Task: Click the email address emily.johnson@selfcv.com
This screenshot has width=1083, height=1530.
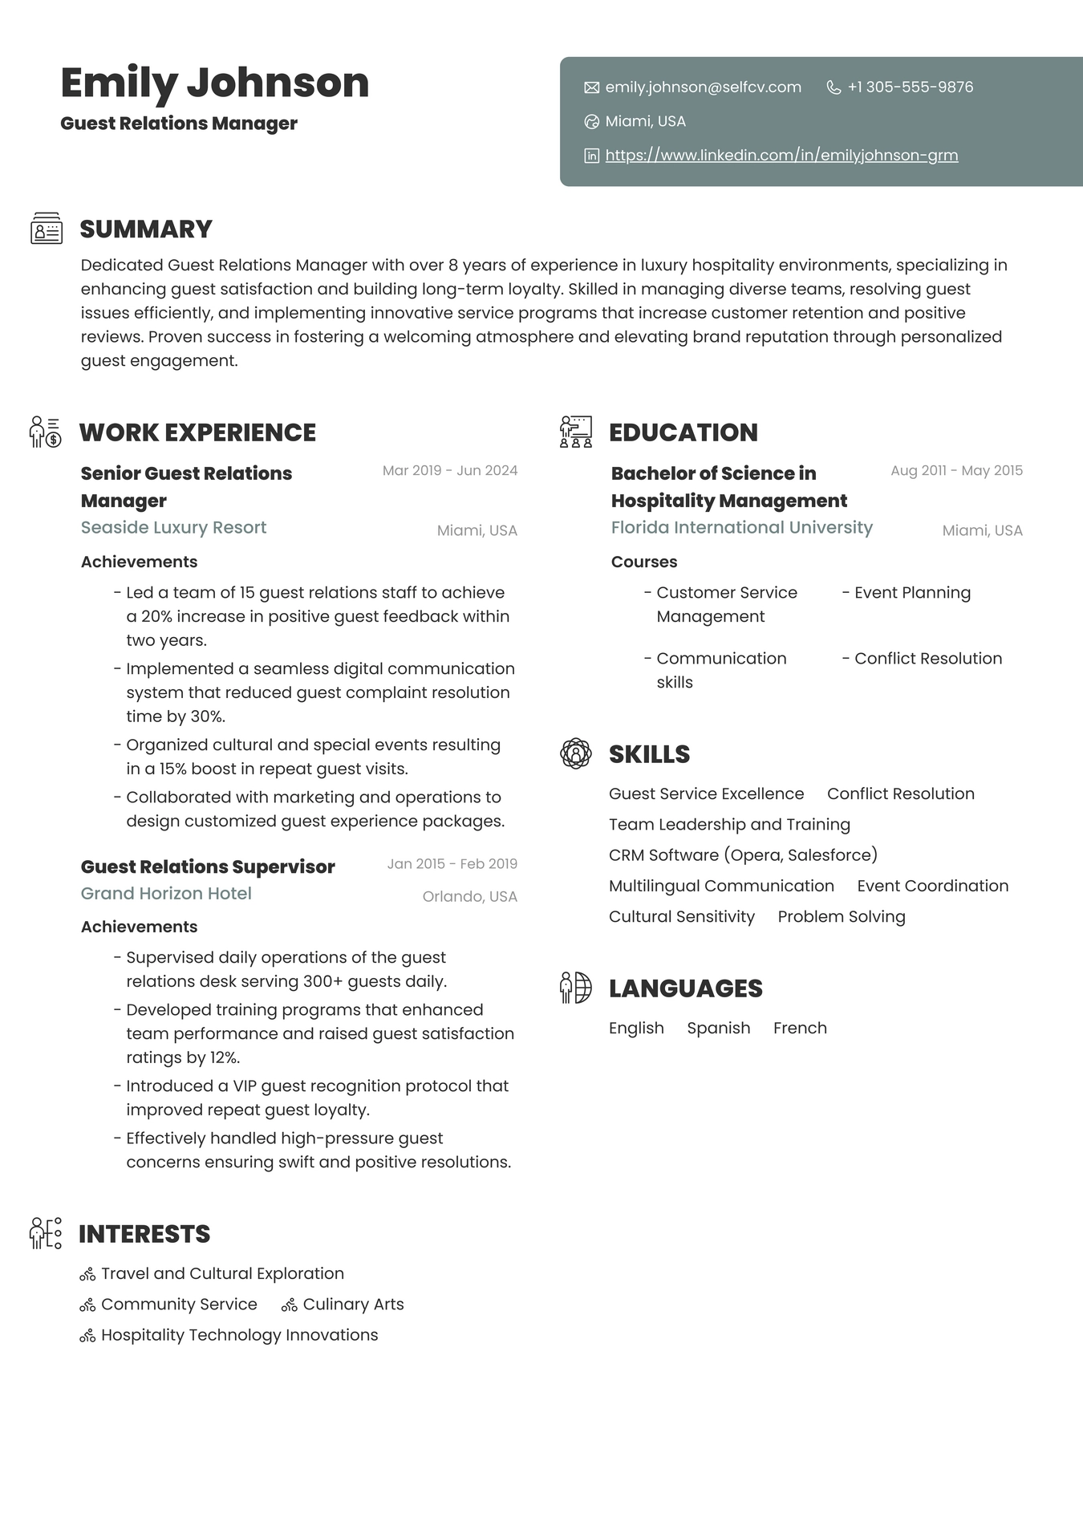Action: [x=703, y=87]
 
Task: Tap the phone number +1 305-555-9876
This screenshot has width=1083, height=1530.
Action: [x=910, y=87]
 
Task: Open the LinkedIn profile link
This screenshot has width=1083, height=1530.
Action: [x=781, y=156]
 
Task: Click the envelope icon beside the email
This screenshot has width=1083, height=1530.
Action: [x=592, y=87]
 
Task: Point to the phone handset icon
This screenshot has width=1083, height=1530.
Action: [x=834, y=87]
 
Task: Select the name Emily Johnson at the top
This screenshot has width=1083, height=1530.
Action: [x=214, y=83]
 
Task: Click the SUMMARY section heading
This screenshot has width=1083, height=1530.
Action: [x=146, y=229]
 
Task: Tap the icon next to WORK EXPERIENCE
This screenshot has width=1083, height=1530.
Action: [x=45, y=432]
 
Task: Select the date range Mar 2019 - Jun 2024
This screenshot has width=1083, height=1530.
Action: [x=449, y=471]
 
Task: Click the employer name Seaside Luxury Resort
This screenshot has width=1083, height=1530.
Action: [x=173, y=528]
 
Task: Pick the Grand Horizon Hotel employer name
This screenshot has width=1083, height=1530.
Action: [x=166, y=894]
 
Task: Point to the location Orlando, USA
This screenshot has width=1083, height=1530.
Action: [x=469, y=897]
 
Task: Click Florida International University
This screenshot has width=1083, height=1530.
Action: [x=741, y=528]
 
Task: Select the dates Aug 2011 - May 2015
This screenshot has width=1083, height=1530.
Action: [x=956, y=471]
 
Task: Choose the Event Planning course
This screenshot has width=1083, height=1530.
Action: [x=912, y=593]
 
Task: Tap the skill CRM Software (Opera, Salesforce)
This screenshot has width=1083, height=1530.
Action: [x=743, y=855]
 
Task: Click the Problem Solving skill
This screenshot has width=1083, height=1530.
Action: [x=841, y=917]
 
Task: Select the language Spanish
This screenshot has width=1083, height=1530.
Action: [x=718, y=1029]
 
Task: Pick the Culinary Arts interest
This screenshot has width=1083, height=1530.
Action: [x=353, y=1305]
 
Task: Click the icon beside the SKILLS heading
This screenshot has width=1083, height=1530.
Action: [x=576, y=754]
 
